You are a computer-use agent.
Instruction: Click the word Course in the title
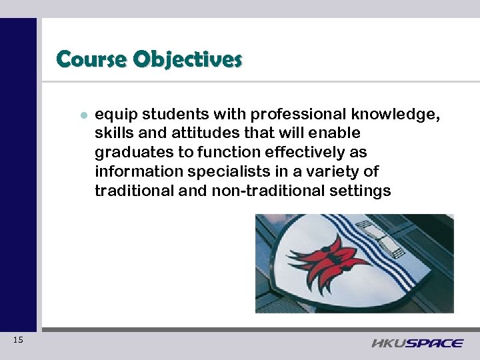point(92,59)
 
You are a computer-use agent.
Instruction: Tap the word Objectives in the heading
point(187,59)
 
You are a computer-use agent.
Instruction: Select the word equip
point(115,115)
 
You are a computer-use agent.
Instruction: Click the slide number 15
point(18,341)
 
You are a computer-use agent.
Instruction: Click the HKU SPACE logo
point(417,343)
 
